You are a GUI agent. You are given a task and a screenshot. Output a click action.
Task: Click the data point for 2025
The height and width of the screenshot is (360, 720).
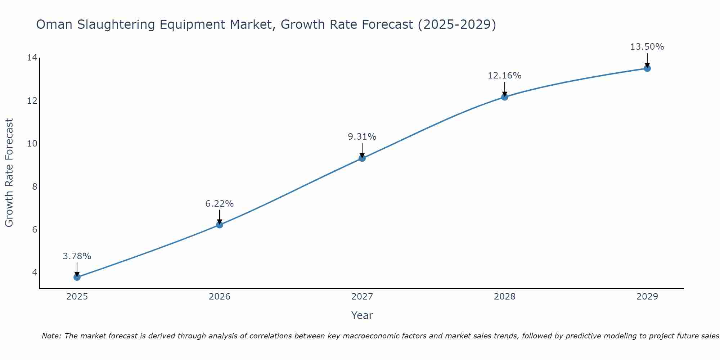point(77,277)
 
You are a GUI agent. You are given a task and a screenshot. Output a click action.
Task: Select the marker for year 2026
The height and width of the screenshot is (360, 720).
point(220,225)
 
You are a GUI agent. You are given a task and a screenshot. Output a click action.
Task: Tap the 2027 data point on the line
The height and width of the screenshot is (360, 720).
point(362,158)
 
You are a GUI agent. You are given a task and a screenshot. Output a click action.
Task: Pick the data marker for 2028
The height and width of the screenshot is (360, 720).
point(505,97)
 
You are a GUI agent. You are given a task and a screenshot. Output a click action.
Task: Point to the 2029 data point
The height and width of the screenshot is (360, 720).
point(647,68)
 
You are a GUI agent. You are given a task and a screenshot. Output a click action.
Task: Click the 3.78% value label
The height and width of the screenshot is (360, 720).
point(77,256)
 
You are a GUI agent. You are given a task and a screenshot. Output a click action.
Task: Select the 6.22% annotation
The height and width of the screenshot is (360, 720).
point(220,204)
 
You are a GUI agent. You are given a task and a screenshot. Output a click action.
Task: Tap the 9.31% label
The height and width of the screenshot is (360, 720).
point(362,137)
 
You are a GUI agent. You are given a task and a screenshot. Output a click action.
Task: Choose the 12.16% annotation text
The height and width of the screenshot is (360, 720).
point(505,76)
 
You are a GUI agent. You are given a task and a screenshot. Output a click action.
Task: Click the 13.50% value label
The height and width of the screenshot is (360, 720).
point(647,47)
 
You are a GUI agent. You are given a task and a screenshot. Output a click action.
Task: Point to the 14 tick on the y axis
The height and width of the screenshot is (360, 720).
point(32,58)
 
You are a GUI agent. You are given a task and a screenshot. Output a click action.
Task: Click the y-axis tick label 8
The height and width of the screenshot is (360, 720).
point(35,186)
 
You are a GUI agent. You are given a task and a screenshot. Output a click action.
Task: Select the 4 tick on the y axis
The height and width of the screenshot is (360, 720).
point(35,272)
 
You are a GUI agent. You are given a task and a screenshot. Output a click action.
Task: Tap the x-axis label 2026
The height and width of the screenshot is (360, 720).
point(220,297)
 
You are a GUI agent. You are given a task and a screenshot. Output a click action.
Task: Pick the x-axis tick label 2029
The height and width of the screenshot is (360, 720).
point(647,297)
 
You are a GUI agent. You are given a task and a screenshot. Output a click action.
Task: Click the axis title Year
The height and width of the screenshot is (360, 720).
point(362,315)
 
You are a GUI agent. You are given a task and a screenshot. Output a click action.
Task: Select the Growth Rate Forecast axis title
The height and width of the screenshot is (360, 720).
point(9,173)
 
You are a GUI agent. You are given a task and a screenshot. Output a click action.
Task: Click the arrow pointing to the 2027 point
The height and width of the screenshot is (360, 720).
point(362,150)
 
